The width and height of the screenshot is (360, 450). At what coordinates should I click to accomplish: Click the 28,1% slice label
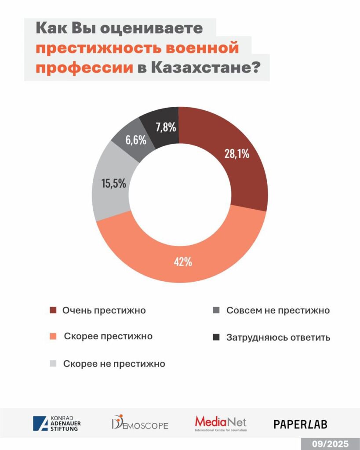coord(237,154)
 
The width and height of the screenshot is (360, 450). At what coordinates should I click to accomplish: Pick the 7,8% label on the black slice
coord(166,127)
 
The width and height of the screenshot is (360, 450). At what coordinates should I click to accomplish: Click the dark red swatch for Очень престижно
coord(54,311)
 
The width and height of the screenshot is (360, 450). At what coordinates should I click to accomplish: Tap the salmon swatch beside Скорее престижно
coord(54,337)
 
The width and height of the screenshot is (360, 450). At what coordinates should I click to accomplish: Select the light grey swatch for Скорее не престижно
coord(54,363)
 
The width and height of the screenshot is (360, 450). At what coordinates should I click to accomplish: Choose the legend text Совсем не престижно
coord(278,310)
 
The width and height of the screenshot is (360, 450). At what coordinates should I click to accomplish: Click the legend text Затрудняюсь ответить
coord(278,338)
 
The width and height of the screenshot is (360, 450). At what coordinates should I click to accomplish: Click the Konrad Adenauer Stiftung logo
coord(57,423)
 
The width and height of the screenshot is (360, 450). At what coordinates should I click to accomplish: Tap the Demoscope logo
coord(139,423)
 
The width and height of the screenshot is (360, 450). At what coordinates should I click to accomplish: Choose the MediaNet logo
coord(221,423)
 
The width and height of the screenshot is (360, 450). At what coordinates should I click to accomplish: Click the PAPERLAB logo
coord(300,424)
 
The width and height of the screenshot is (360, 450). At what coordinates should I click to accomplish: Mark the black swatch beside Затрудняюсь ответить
coord(216,337)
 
